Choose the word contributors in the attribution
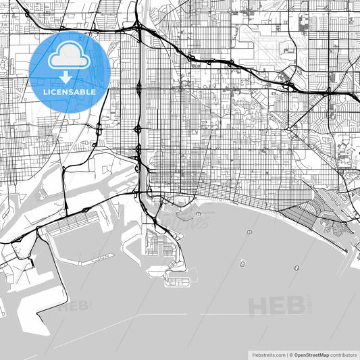344,355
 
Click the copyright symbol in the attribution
290,355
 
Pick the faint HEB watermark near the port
74,305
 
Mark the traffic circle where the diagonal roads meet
288,128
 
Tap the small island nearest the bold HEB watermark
297,268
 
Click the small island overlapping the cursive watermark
200,214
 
